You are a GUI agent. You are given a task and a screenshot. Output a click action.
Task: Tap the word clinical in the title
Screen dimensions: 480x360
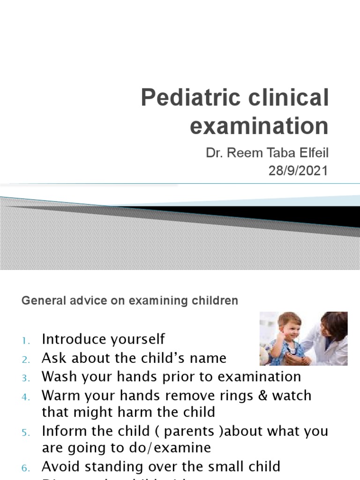287,98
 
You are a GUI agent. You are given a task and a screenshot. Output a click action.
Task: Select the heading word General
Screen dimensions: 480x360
38,300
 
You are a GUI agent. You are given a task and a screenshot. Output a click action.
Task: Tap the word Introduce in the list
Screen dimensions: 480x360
70,338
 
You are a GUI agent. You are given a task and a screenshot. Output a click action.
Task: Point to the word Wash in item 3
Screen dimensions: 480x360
56,376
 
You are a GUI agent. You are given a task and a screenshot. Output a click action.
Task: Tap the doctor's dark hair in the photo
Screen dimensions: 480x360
334,323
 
